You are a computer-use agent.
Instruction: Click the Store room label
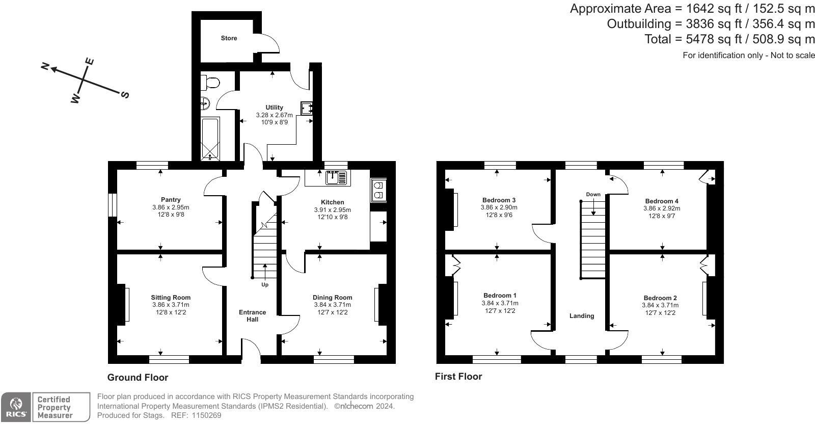click(229, 38)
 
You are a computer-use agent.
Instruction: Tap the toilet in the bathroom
click(210, 83)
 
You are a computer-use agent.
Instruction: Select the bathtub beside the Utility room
click(210, 139)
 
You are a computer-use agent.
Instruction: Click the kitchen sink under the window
click(337, 178)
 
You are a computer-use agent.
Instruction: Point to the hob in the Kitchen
click(378, 190)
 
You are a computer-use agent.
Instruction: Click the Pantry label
click(171, 200)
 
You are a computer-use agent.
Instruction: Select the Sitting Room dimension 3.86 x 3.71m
click(171, 305)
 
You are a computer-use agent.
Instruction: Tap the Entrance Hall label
click(253, 316)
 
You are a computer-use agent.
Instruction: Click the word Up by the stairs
click(265, 284)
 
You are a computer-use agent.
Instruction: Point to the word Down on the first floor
click(593, 194)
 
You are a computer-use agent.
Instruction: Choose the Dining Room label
click(333, 297)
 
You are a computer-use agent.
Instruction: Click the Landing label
click(582, 316)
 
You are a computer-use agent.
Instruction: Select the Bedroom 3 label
click(499, 200)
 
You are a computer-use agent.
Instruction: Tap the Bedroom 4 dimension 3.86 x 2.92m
click(662, 208)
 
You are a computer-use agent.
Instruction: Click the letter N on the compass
click(45, 66)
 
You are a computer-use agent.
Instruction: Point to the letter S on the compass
click(125, 95)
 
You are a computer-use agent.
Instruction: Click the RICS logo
click(16, 407)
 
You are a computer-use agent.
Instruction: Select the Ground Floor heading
click(138, 378)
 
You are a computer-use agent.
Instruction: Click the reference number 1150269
click(206, 415)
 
